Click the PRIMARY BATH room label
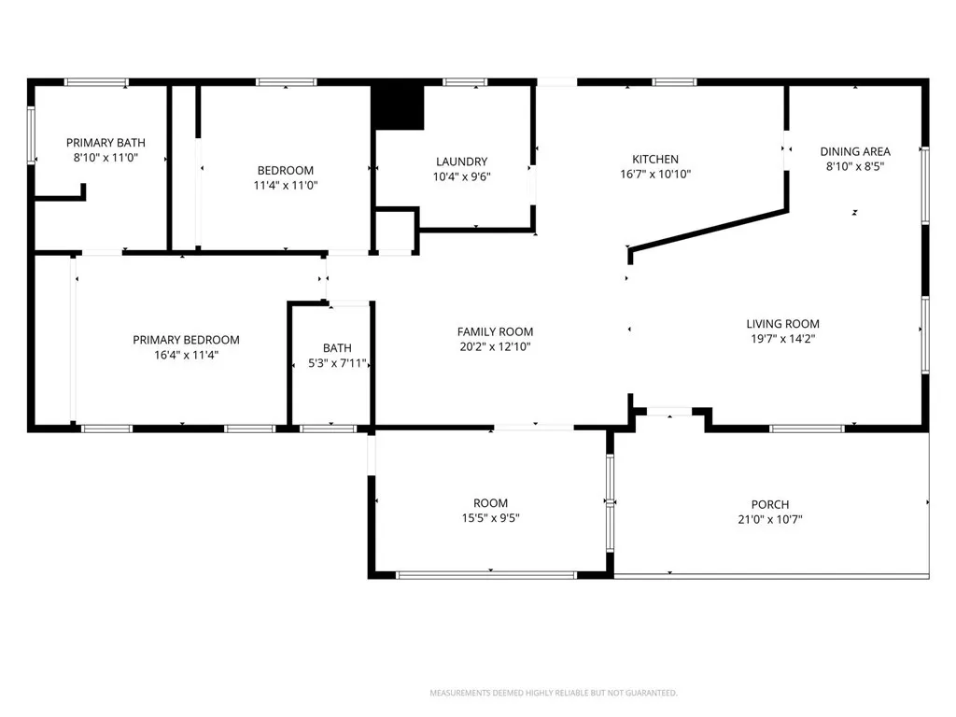105,143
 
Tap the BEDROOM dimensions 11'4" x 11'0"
286,185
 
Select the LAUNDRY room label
461,162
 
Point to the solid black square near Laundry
398,107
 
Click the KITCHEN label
655,159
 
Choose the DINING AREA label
855,151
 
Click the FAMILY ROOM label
495,331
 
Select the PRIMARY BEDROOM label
186,340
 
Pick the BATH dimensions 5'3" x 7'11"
337,363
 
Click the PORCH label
770,505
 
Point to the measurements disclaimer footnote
553,693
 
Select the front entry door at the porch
669,411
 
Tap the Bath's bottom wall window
329,429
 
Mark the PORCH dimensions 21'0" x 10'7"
770,520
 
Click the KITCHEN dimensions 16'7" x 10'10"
655,174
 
